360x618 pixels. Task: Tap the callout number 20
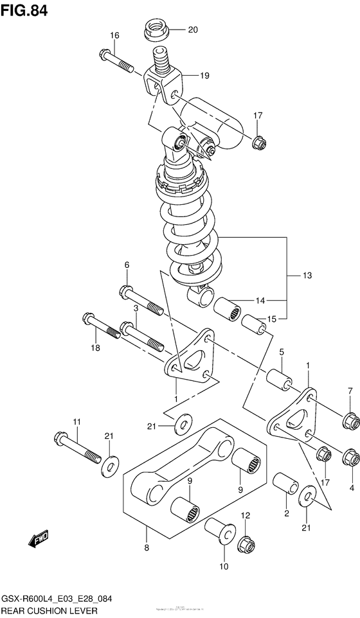click(192, 30)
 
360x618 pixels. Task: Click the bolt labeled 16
click(116, 60)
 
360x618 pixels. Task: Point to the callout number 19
click(204, 76)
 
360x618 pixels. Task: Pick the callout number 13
click(307, 276)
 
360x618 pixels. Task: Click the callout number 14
click(260, 300)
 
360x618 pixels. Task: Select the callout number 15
click(271, 319)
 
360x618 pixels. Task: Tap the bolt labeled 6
click(141, 301)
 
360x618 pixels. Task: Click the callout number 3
click(136, 309)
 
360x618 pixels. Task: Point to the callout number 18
click(95, 348)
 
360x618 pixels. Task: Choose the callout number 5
click(281, 352)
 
